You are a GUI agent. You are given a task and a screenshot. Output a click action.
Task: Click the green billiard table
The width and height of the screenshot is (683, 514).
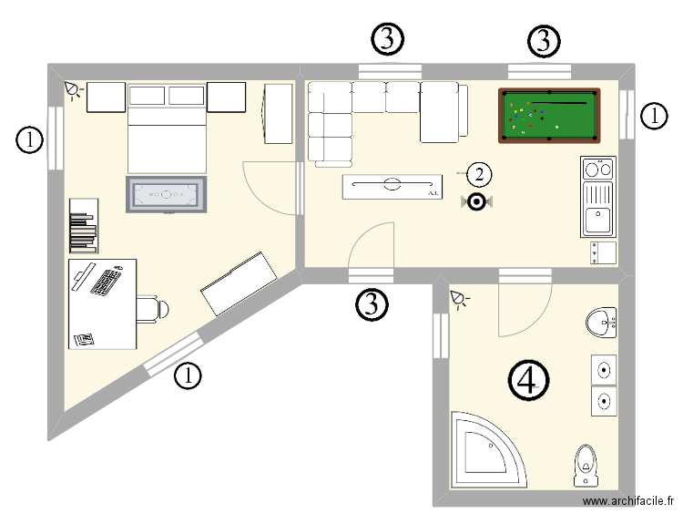[x=549, y=115]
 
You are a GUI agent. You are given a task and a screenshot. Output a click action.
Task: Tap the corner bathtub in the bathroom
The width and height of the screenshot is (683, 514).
[x=486, y=452]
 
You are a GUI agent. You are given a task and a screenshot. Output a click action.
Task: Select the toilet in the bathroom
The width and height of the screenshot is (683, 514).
[x=586, y=465]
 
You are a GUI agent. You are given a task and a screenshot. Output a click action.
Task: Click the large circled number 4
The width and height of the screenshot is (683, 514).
[x=528, y=380]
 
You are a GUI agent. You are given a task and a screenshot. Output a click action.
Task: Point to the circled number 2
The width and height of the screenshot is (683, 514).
[x=480, y=173]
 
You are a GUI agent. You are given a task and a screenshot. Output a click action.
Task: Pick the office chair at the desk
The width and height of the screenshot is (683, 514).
[x=152, y=308]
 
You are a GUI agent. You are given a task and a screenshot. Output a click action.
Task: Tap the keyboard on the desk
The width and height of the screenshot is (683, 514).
[x=107, y=282]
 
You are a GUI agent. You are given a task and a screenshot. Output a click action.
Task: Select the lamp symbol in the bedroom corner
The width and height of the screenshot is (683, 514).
[x=73, y=89]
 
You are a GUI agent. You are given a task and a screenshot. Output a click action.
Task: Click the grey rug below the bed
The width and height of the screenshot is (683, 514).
[x=168, y=194]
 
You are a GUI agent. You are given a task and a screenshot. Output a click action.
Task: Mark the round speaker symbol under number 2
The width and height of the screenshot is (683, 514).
[x=476, y=201]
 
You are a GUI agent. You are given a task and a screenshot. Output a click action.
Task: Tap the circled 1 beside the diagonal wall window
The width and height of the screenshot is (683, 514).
[x=188, y=375]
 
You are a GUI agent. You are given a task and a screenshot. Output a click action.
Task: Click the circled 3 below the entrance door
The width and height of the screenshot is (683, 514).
[x=371, y=304]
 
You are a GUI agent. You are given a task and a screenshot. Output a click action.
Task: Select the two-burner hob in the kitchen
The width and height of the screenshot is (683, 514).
[x=599, y=169]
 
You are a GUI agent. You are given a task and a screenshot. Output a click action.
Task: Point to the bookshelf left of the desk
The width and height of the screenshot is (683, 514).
[x=82, y=224]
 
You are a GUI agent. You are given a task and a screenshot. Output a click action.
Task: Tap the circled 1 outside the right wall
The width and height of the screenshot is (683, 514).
[x=653, y=116]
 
